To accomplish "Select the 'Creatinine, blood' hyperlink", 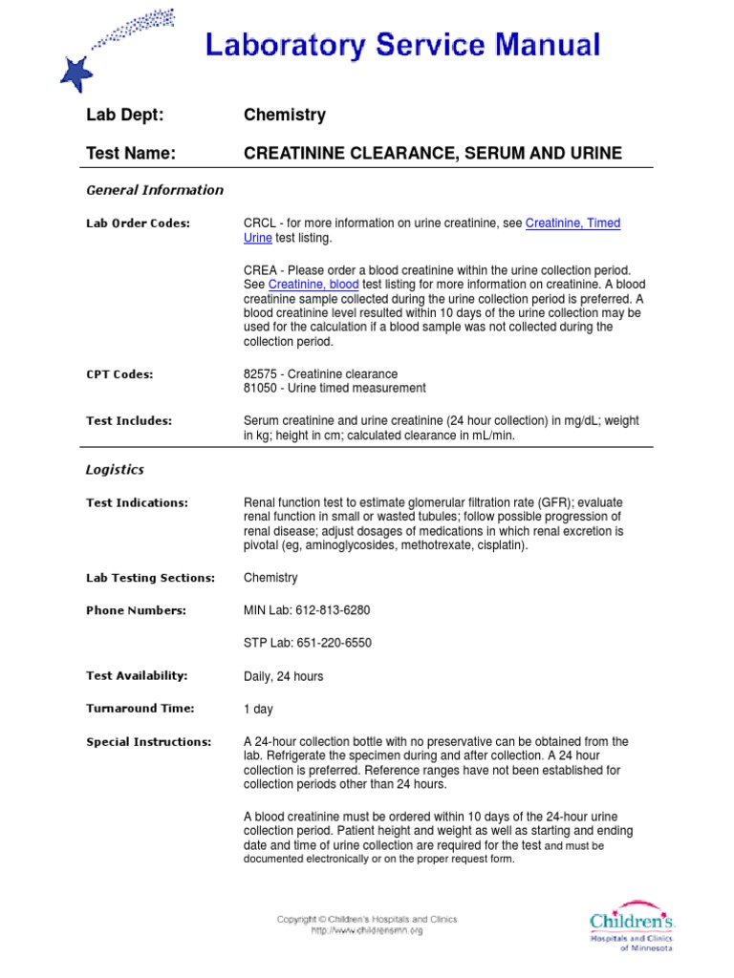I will pyautogui.click(x=313, y=285).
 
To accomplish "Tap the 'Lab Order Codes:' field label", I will pyautogui.click(x=138, y=223).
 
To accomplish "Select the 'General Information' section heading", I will pyautogui.click(x=155, y=190).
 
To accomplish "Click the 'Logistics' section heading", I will pyautogui.click(x=115, y=470).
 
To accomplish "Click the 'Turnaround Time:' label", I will pyautogui.click(x=140, y=709).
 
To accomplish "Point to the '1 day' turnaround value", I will pyautogui.click(x=258, y=710).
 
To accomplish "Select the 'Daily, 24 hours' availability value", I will pyautogui.click(x=284, y=676).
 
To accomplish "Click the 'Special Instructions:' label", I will pyautogui.click(x=148, y=742).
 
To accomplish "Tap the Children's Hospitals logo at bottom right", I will pyautogui.click(x=632, y=927).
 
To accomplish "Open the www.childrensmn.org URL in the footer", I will pyautogui.click(x=367, y=930).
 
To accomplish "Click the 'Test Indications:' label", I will pyautogui.click(x=137, y=503).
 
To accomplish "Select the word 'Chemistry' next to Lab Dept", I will pyautogui.click(x=285, y=115).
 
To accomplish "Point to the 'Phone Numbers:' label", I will pyautogui.click(x=136, y=610).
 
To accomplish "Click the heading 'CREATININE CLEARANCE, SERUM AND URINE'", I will pyautogui.click(x=433, y=153).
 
